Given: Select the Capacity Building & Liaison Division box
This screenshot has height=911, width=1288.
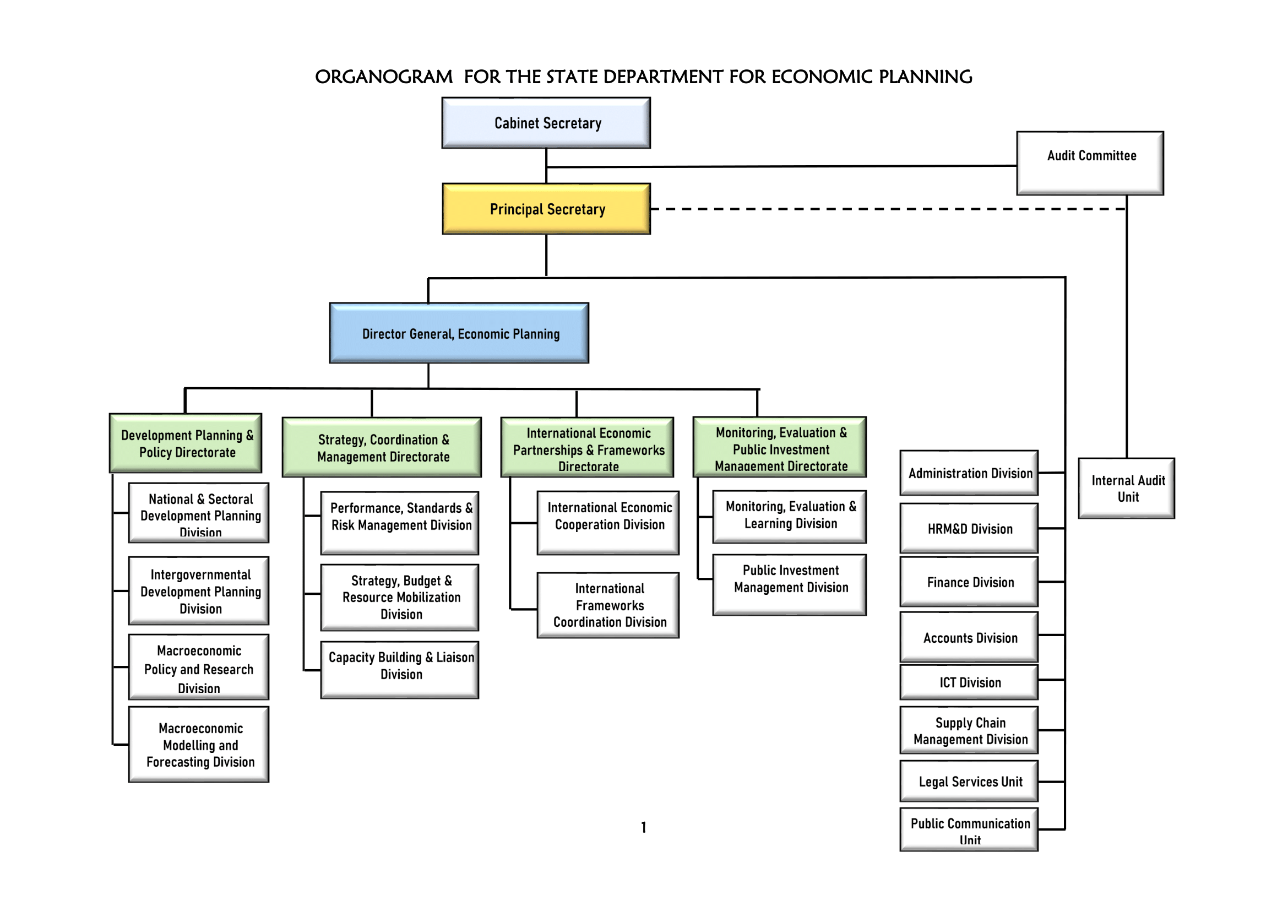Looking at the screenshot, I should pos(399,669).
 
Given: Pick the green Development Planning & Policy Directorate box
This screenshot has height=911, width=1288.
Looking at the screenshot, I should pos(186,443).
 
